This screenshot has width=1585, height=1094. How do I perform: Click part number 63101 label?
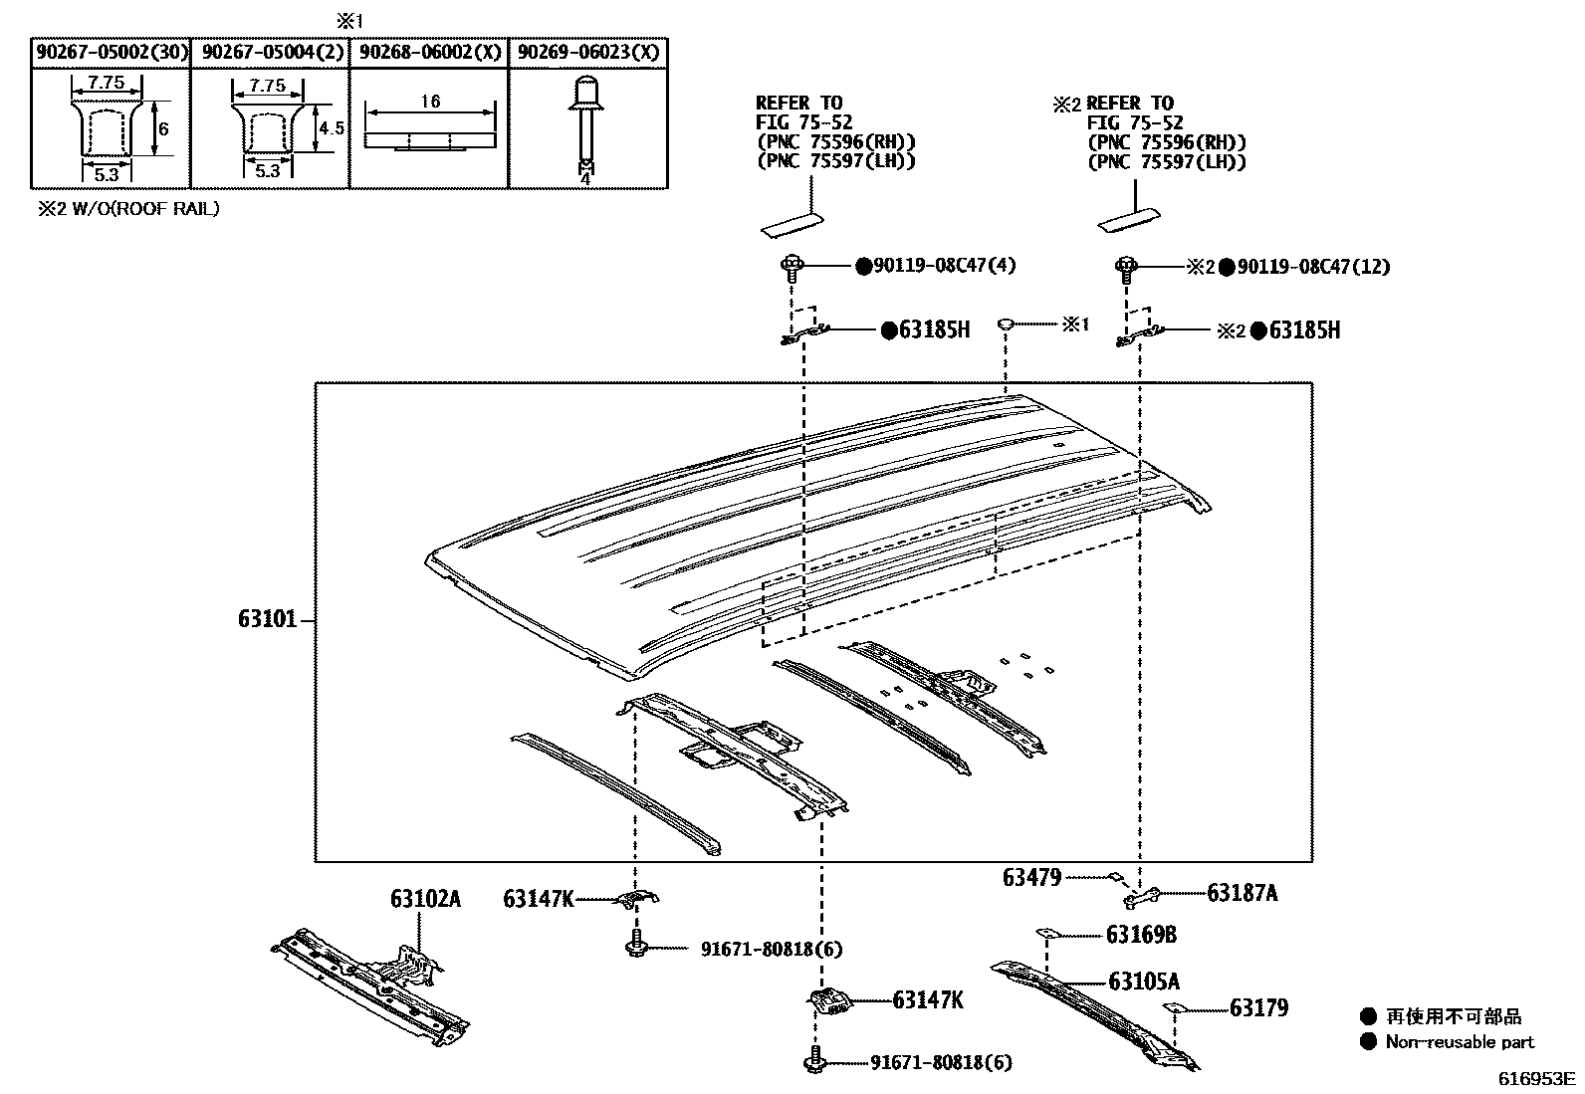coord(267,619)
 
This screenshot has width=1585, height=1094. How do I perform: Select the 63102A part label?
coord(425,899)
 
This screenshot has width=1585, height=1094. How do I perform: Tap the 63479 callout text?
coord(1031,877)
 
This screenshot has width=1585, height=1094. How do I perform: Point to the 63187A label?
coord(1242,893)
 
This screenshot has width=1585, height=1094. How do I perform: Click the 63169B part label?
coord(1141,935)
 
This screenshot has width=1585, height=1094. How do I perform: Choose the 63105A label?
coord(1143,982)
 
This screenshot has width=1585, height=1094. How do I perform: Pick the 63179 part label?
coord(1258,1008)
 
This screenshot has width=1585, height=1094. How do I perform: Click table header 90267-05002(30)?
coord(111,53)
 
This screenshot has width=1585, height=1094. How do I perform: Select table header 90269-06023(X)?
coord(588,53)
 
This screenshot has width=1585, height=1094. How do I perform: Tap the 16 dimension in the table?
coord(430,102)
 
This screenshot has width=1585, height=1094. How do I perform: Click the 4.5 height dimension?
coord(332,128)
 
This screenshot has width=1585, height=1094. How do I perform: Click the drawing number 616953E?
coord(1539,1078)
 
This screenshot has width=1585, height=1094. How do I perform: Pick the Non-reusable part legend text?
coord(1460,1042)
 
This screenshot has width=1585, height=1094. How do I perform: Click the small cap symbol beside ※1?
coord(1006,324)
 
